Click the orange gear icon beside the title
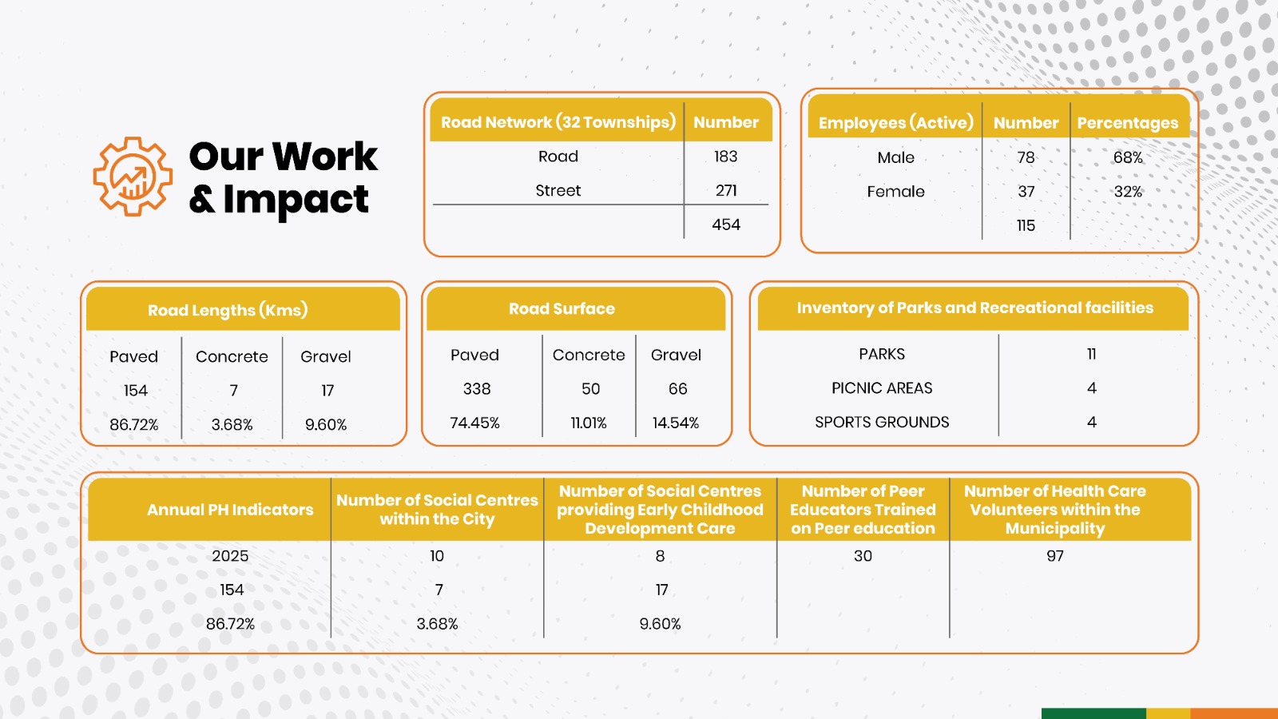coord(133,177)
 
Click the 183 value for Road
coord(726,157)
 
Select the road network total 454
coord(726,224)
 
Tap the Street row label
coord(558,191)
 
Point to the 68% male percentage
coord(1128,157)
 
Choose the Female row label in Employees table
coord(895,192)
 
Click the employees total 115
coord(1026,225)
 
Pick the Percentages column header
coord(1127,123)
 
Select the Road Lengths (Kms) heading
coord(228,310)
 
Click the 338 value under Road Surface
coord(476,388)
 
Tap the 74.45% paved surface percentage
coord(474,423)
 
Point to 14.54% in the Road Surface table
coord(676,423)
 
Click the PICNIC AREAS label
coord(882,388)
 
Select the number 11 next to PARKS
coord(1091,354)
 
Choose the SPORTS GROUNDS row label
coord(882,423)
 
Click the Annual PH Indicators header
coord(230,510)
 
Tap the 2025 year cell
coord(230,556)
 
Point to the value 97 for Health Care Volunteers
coord(1055,556)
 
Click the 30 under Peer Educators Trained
coord(863,556)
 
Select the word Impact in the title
coord(296,201)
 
